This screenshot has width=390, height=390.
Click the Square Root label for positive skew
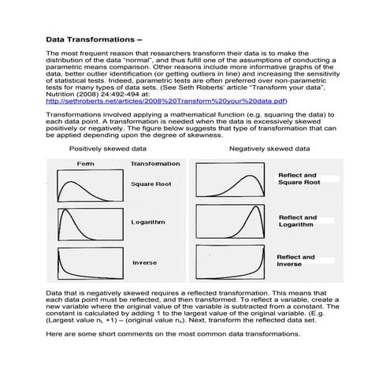151,184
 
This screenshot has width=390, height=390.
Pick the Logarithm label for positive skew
148,222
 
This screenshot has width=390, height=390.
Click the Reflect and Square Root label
299,179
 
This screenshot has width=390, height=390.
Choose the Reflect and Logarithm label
298,221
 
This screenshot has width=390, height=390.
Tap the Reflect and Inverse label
296,261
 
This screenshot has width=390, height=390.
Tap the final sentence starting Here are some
173,334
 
